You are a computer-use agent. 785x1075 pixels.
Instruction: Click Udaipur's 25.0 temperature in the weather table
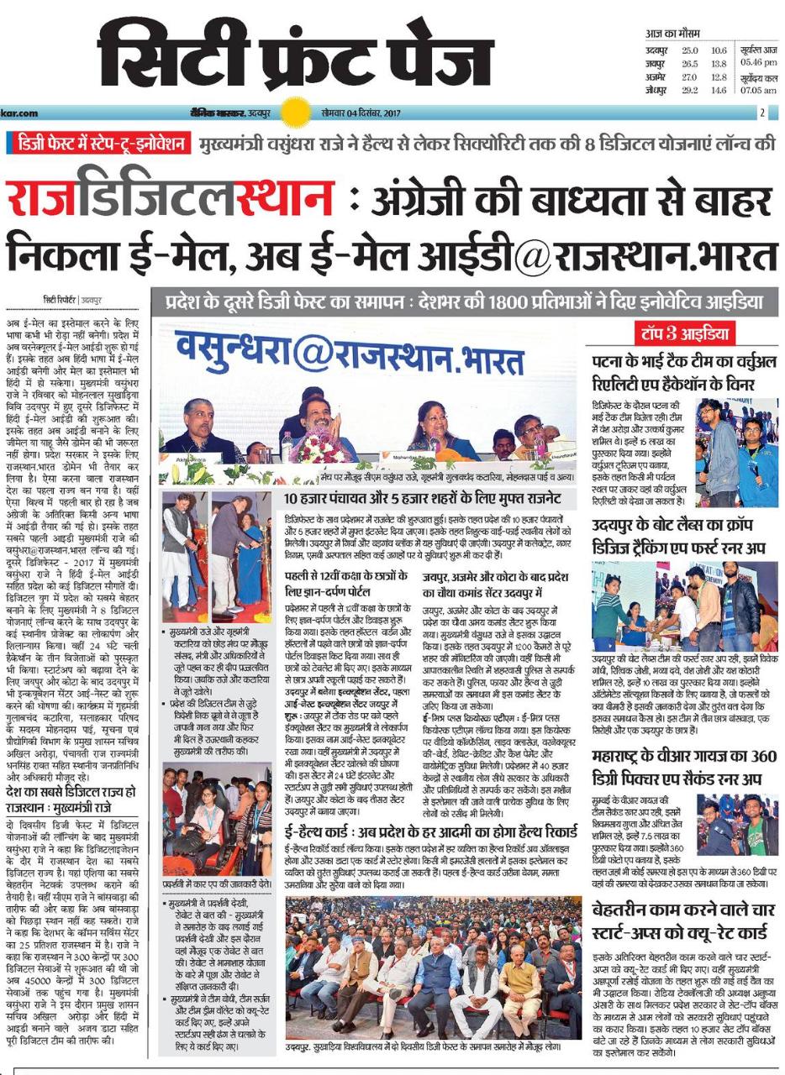[x=689, y=51]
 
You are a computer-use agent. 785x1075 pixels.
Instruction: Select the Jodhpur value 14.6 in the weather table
[x=718, y=90]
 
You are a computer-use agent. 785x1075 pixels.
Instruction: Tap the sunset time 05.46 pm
[x=759, y=63]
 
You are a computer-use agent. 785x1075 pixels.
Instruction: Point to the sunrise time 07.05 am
[x=759, y=90]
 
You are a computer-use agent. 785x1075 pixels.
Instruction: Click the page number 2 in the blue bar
[x=762, y=112]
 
